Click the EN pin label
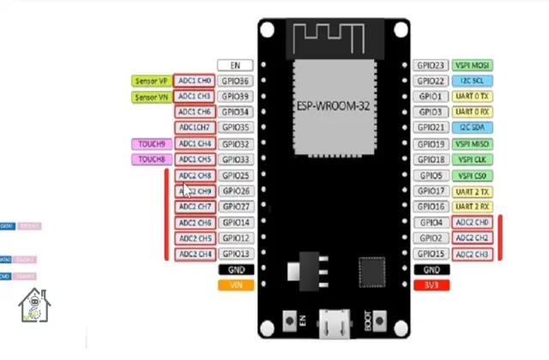click(235, 65)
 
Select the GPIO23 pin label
click(430, 65)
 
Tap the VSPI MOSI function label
click(472, 65)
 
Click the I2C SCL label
click(472, 81)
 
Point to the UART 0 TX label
click(472, 97)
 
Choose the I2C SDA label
click(472, 128)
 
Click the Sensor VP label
click(151, 81)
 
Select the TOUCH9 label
click(151, 144)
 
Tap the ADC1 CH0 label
click(195, 81)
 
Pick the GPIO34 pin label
click(235, 112)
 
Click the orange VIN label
click(235, 285)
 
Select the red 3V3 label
click(430, 285)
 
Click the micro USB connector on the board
click(334, 324)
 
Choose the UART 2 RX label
click(472, 207)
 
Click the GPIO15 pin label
click(430, 254)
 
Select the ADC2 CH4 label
click(195, 254)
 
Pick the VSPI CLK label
click(472, 159)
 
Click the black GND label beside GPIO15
click(430, 269)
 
